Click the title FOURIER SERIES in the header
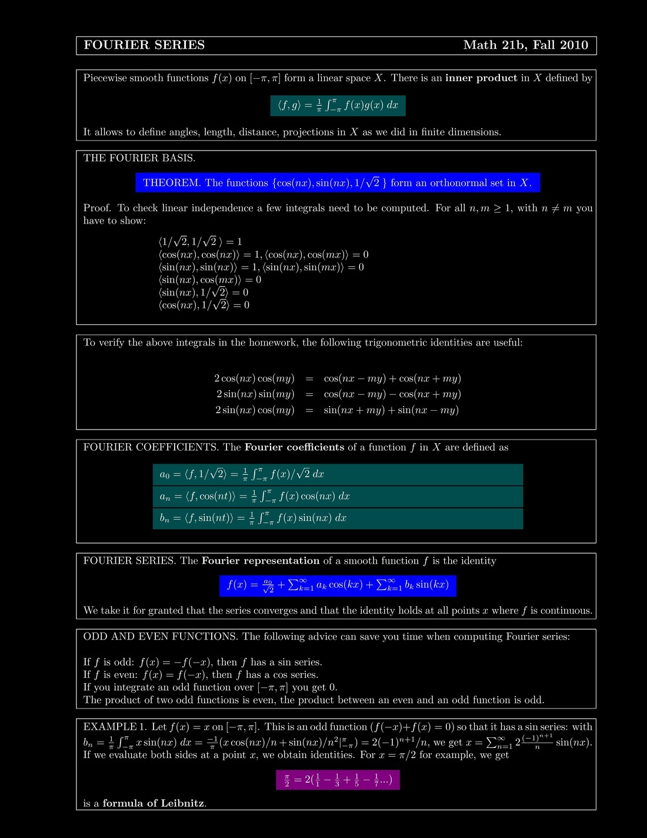point(144,45)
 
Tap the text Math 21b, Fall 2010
point(525,45)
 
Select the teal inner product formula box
point(338,105)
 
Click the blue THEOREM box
point(337,182)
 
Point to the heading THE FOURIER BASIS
point(139,158)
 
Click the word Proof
point(97,208)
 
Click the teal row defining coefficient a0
point(337,474)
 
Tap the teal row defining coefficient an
point(337,496)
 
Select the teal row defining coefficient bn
point(337,518)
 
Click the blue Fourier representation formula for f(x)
point(338,585)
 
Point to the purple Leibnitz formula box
point(338,780)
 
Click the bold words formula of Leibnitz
point(154,803)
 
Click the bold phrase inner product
point(481,78)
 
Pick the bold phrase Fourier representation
point(261,561)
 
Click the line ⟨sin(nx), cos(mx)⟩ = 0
point(209,280)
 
